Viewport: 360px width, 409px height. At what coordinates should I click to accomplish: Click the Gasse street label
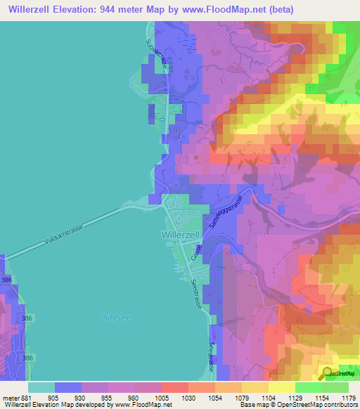click(x=198, y=251)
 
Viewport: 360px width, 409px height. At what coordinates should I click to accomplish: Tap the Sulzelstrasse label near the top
click(x=155, y=53)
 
